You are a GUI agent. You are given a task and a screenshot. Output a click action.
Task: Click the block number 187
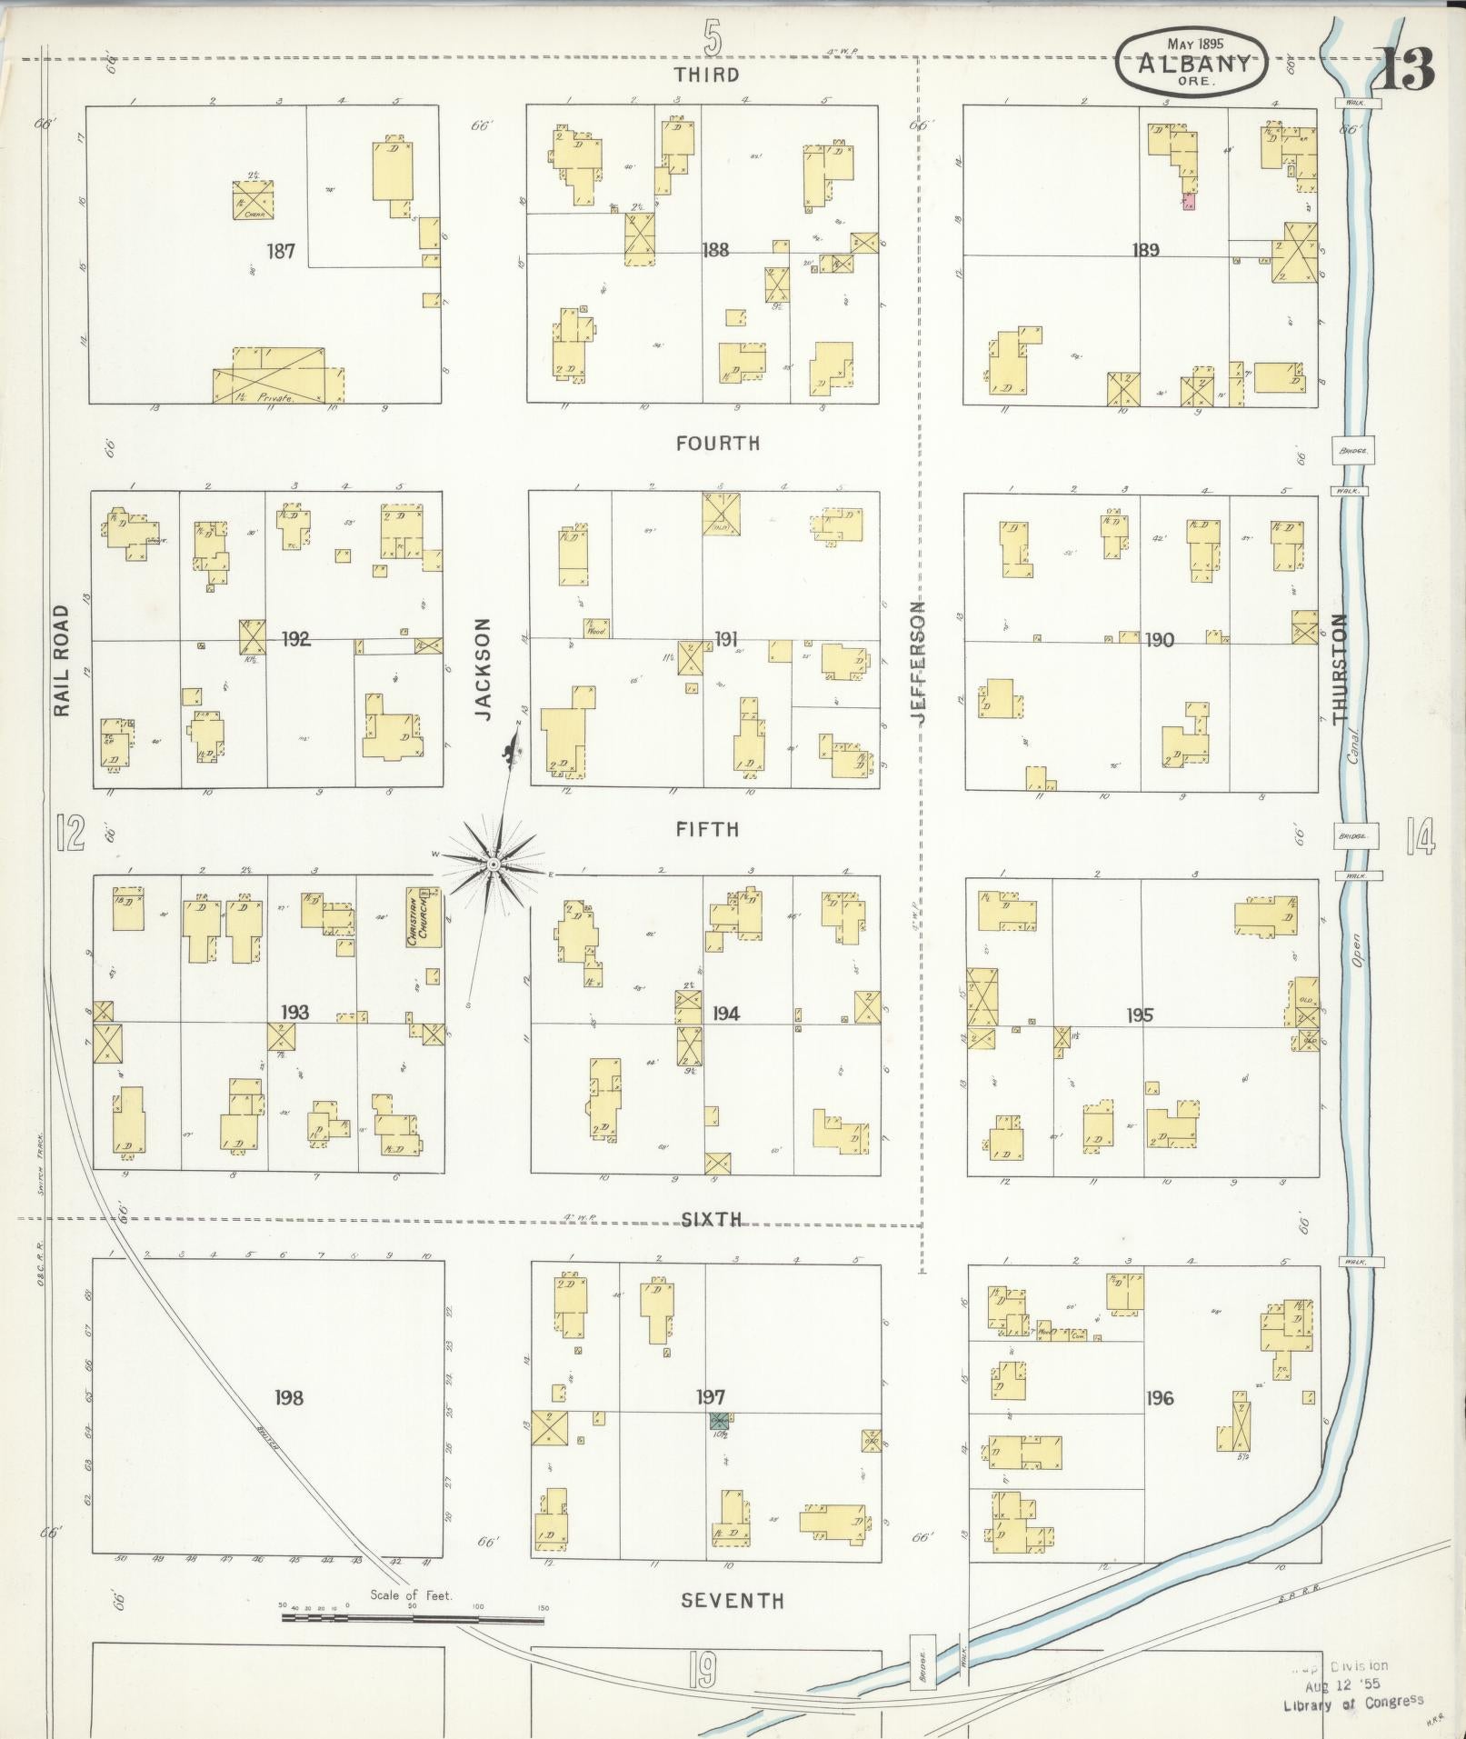[281, 250]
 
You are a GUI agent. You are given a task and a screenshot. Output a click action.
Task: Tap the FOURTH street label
[717, 444]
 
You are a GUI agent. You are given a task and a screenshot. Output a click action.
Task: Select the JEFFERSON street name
[917, 662]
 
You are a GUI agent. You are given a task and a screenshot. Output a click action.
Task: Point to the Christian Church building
[424, 917]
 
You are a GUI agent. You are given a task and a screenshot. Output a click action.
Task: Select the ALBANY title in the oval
[1190, 63]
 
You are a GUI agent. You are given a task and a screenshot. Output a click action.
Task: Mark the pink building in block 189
[1189, 203]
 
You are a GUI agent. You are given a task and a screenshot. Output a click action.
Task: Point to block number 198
[289, 1397]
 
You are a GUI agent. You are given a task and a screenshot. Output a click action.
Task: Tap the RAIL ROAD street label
[62, 661]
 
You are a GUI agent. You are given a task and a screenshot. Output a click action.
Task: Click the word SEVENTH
[732, 1600]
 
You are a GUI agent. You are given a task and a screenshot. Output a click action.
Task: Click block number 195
[1140, 1015]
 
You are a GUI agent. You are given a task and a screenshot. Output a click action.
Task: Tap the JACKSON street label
[483, 669]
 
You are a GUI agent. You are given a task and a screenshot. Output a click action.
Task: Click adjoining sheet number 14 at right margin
[1420, 835]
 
